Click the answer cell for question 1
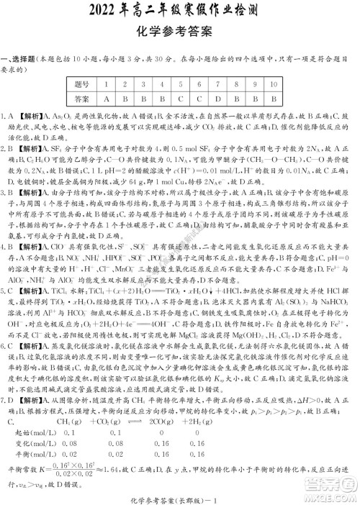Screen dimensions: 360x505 106,98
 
